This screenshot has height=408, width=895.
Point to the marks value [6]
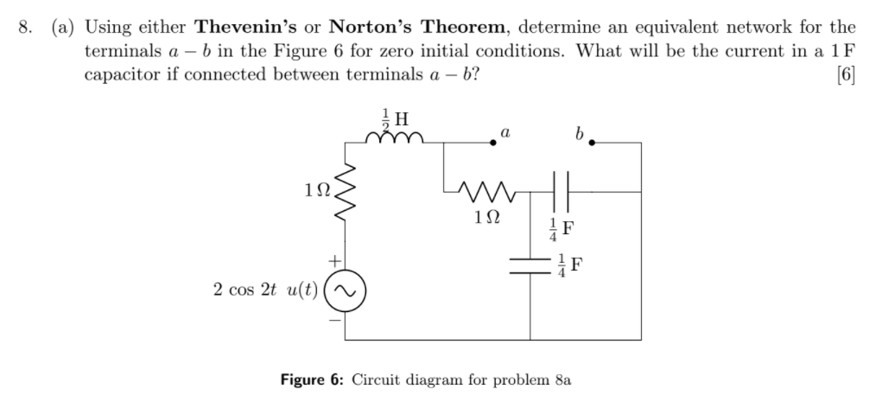tap(847, 74)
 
